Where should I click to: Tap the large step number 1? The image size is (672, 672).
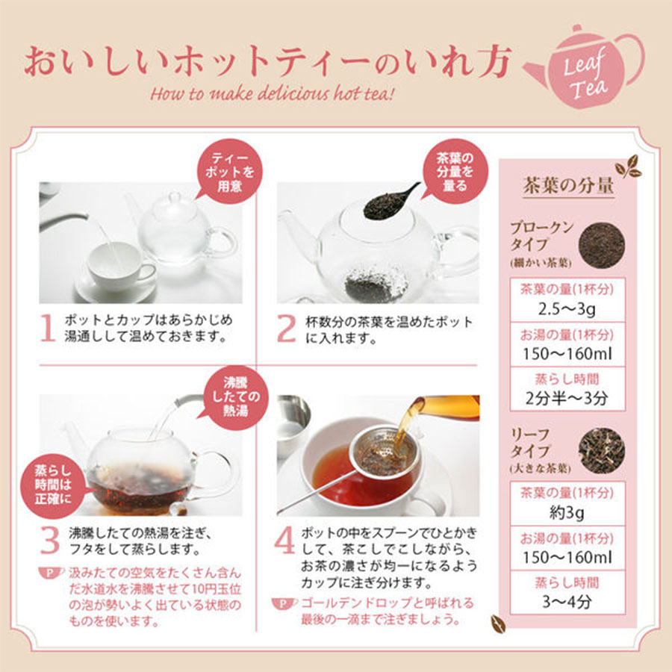[x=48, y=328]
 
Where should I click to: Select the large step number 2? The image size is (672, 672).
[x=287, y=329]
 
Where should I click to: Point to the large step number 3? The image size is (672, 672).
[x=50, y=541]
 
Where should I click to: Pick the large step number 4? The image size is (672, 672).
[x=284, y=540]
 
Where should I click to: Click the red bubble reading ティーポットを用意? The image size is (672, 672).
[x=230, y=172]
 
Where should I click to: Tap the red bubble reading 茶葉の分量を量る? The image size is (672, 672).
[x=455, y=172]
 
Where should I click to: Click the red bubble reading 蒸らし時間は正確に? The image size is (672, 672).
[x=53, y=486]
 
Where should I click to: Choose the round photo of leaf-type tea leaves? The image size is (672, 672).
[x=601, y=450]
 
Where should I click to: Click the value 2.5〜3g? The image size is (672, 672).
[x=567, y=309]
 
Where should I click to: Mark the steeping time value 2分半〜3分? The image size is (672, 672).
[x=567, y=399]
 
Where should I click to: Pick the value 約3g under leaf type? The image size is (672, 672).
[x=567, y=512]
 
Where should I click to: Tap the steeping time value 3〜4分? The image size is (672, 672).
[x=567, y=602]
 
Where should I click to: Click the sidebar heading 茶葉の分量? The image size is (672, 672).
[x=568, y=186]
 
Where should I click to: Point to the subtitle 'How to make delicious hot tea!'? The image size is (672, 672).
[x=272, y=93]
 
